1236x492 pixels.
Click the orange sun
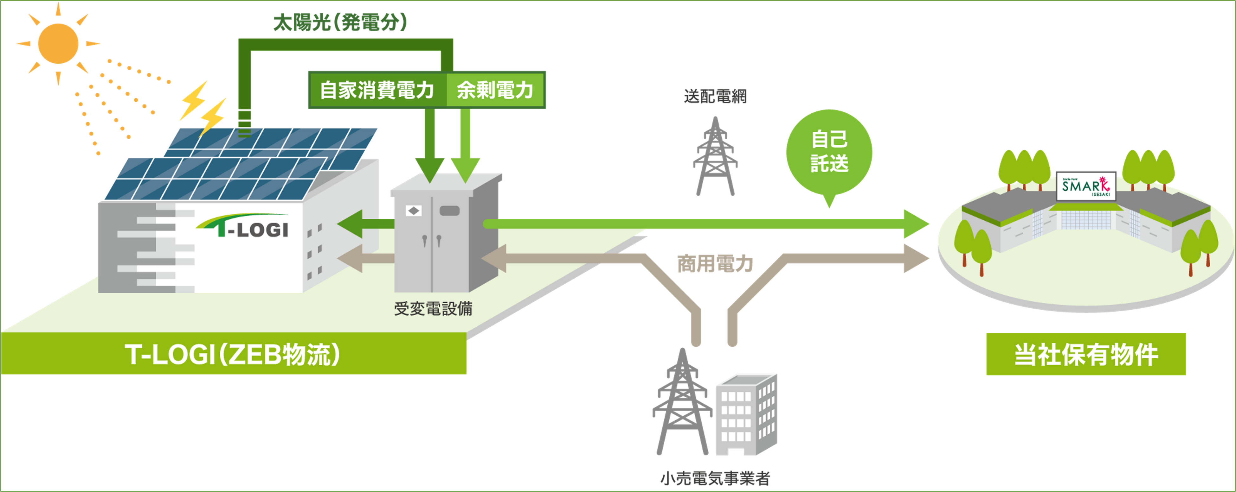pyautogui.click(x=58, y=44)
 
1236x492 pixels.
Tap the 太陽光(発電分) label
pyautogui.click(x=340, y=22)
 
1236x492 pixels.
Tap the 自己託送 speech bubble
pyautogui.click(x=829, y=153)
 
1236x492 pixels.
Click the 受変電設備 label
pyautogui.click(x=433, y=309)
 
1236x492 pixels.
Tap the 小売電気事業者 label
pyautogui.click(x=715, y=478)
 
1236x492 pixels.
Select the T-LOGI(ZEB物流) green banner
pyautogui.click(x=233, y=354)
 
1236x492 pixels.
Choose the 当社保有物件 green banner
pyautogui.click(x=1086, y=354)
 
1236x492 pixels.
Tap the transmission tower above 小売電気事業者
pyautogui.click(x=682, y=403)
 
